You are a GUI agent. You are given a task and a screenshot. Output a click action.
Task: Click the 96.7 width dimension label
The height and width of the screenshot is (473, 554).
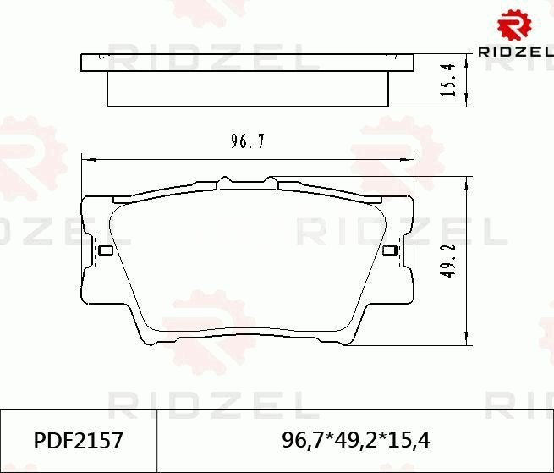click(248, 142)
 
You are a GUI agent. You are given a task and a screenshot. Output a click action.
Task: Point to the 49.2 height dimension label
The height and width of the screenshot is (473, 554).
click(449, 261)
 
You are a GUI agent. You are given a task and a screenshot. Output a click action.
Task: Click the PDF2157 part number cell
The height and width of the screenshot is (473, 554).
click(78, 441)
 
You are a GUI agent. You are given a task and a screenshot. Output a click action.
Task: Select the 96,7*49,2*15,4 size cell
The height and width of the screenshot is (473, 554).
click(355, 441)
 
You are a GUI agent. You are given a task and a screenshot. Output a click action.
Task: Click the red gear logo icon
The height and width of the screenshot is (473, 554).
click(514, 25)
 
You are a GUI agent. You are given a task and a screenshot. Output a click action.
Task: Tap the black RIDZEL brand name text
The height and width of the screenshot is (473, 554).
click(516, 52)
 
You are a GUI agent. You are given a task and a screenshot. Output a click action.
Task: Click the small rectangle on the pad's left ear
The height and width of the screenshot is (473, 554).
click(105, 250)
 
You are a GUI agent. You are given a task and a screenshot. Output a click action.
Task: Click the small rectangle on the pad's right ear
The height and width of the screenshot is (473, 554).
click(389, 250)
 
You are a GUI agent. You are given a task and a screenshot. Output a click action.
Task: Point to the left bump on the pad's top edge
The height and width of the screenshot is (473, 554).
click(223, 180)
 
